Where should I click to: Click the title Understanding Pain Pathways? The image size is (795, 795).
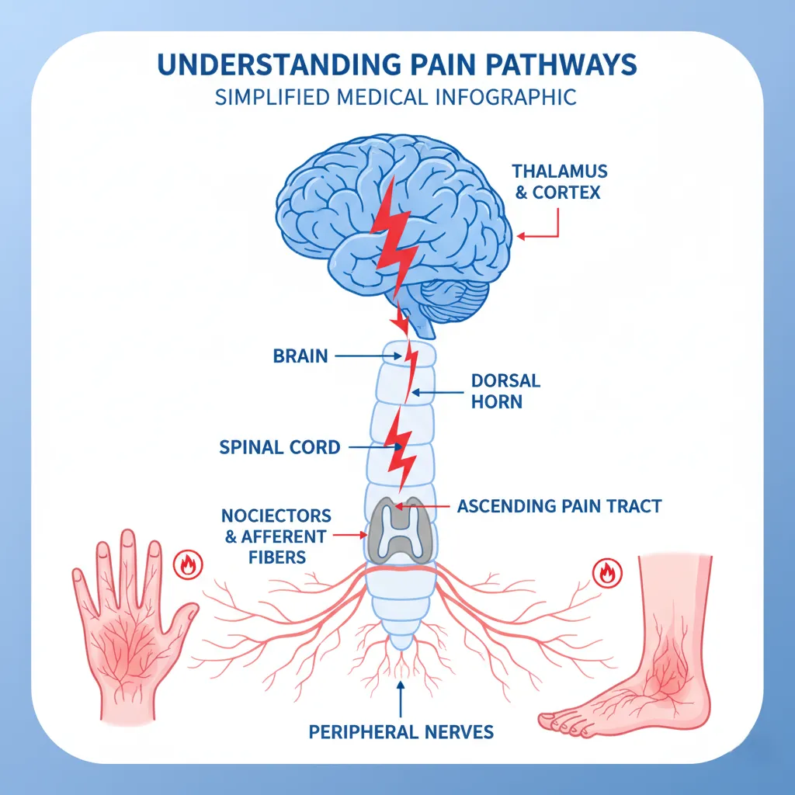click(397, 66)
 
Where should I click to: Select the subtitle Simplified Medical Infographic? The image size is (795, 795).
click(397, 97)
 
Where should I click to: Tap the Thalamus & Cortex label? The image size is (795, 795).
click(560, 181)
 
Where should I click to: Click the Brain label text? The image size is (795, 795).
click(300, 356)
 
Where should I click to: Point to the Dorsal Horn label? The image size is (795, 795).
click(505, 391)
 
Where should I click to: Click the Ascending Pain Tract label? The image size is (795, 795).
click(559, 506)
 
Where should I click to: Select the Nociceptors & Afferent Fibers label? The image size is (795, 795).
click(276, 536)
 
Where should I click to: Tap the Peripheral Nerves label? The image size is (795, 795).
click(401, 731)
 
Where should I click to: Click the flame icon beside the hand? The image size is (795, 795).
click(186, 564)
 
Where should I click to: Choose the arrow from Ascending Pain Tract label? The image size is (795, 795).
click(423, 506)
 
